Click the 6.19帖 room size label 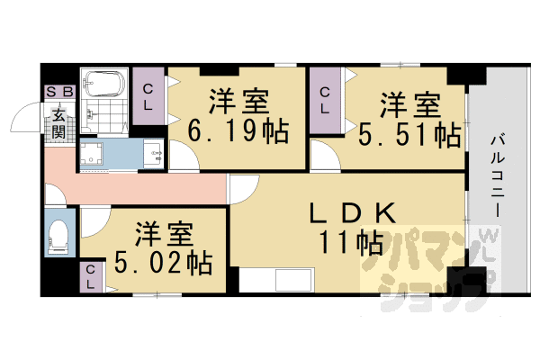238,131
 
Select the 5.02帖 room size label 161,263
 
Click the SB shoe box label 60,92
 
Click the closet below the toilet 91,276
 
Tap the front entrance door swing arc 24,122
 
